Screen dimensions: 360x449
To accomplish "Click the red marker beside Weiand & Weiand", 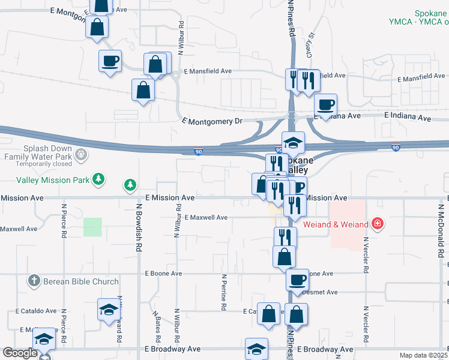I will (x=376, y=224).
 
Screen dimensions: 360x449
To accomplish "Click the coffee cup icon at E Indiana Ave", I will (x=325, y=105).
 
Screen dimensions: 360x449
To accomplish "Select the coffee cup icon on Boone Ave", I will (x=297, y=279).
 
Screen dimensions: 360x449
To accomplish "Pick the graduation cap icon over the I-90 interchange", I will (x=293, y=142).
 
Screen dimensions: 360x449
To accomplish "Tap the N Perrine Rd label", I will (x=223, y=292).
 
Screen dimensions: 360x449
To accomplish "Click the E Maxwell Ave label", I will (x=206, y=217).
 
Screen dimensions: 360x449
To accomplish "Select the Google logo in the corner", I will (x=20, y=353).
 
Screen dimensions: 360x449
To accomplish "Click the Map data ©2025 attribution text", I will (x=423, y=355).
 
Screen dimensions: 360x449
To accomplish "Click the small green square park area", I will (x=92, y=227).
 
